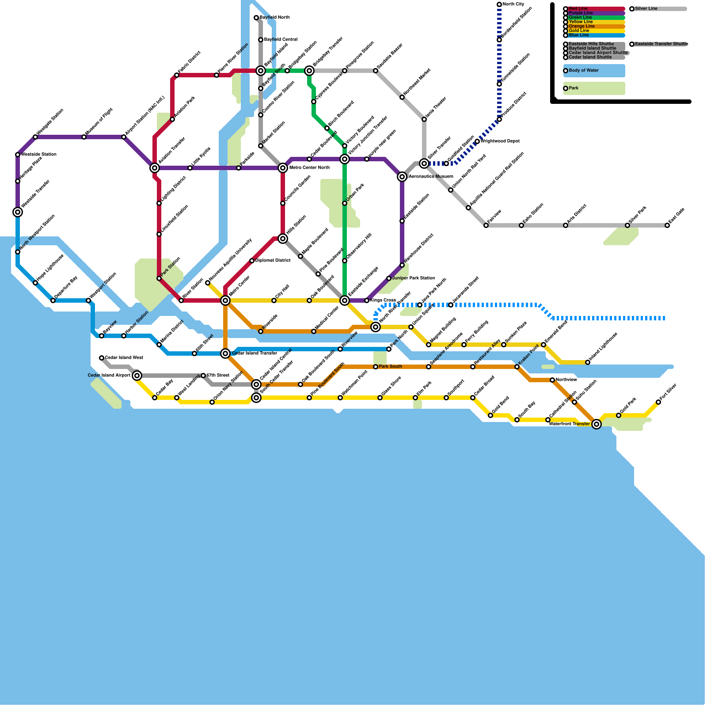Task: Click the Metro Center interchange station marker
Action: click(x=225, y=300)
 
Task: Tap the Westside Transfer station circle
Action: click(x=18, y=212)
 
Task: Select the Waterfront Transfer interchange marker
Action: click(x=597, y=424)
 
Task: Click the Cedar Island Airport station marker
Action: click(x=137, y=376)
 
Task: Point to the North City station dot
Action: click(x=499, y=4)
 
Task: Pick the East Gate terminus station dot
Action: click(x=667, y=225)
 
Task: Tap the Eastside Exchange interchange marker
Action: click(x=345, y=300)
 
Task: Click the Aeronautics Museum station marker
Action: click(x=402, y=177)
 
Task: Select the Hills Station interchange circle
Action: click(x=283, y=239)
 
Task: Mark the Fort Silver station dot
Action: click(x=658, y=402)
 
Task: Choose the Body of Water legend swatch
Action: click(x=594, y=71)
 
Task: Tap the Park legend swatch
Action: click(x=594, y=88)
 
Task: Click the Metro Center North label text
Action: click(x=309, y=168)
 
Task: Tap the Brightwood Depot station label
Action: click(x=500, y=141)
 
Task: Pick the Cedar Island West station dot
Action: click(x=102, y=358)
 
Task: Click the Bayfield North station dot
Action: click(x=256, y=18)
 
